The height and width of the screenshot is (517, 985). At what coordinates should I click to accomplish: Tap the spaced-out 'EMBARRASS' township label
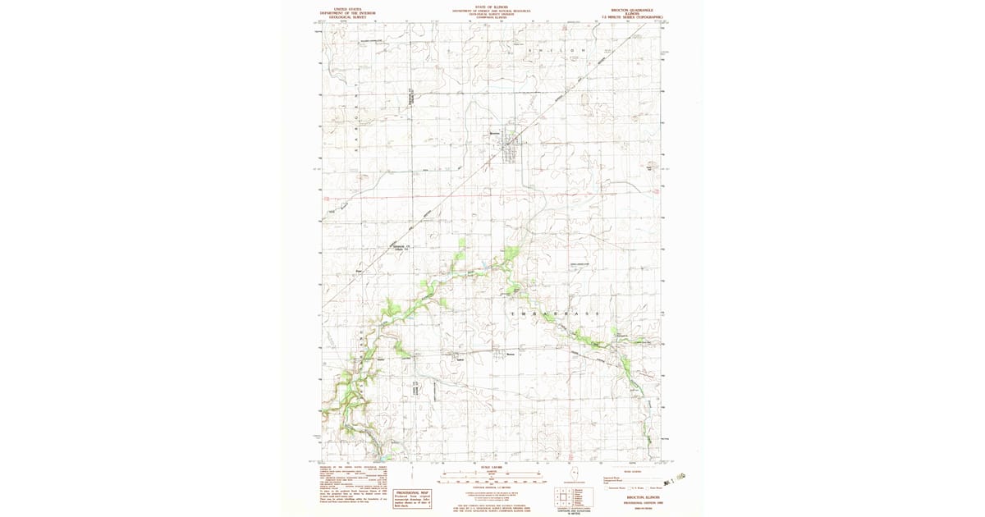(x=554, y=314)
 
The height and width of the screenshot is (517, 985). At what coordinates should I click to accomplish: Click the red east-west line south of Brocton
(x=492, y=196)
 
